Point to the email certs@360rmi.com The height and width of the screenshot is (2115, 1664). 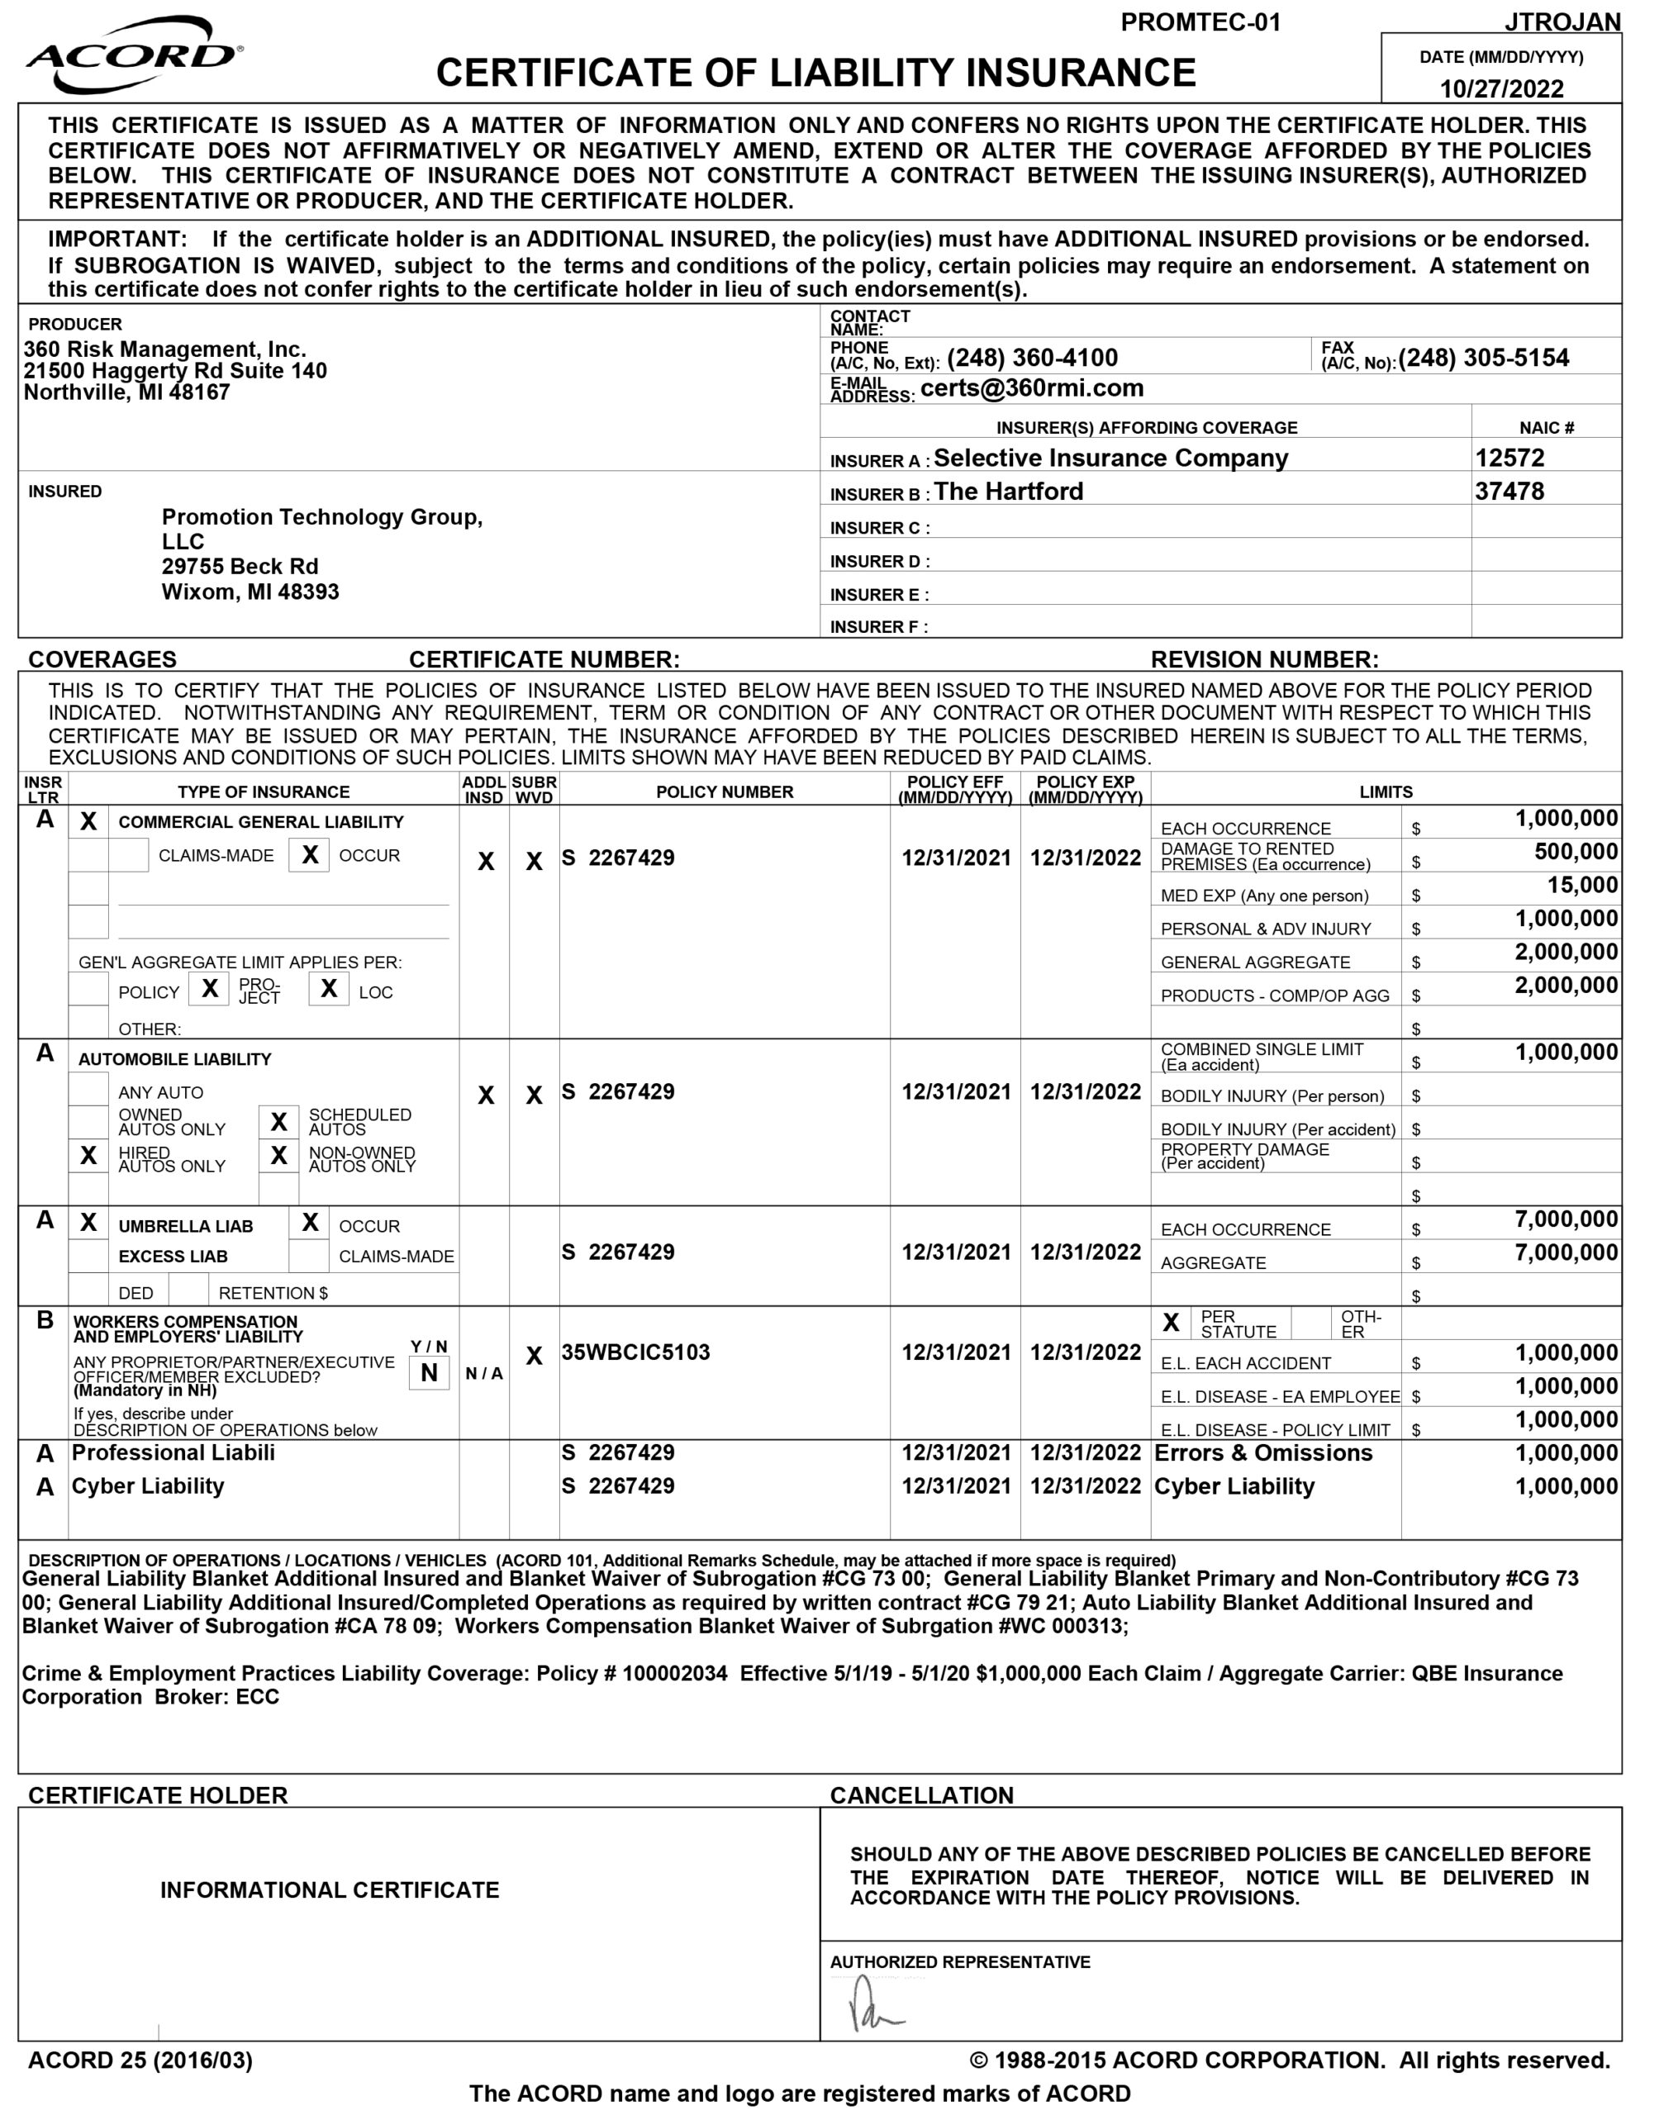click(1032, 388)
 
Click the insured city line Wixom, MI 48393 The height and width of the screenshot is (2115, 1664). click(250, 592)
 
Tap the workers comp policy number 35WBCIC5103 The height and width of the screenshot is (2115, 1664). click(635, 1352)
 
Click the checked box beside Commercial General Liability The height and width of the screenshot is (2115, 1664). click(88, 821)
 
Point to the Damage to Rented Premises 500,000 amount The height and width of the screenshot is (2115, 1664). click(1576, 853)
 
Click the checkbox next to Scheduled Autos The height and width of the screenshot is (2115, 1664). click(278, 1121)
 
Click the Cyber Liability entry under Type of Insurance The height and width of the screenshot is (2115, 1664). click(148, 1485)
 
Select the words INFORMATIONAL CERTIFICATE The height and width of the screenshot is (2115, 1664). click(330, 1890)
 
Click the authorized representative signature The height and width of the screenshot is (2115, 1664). click(872, 2005)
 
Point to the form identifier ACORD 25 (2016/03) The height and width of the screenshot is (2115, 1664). click(140, 2060)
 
